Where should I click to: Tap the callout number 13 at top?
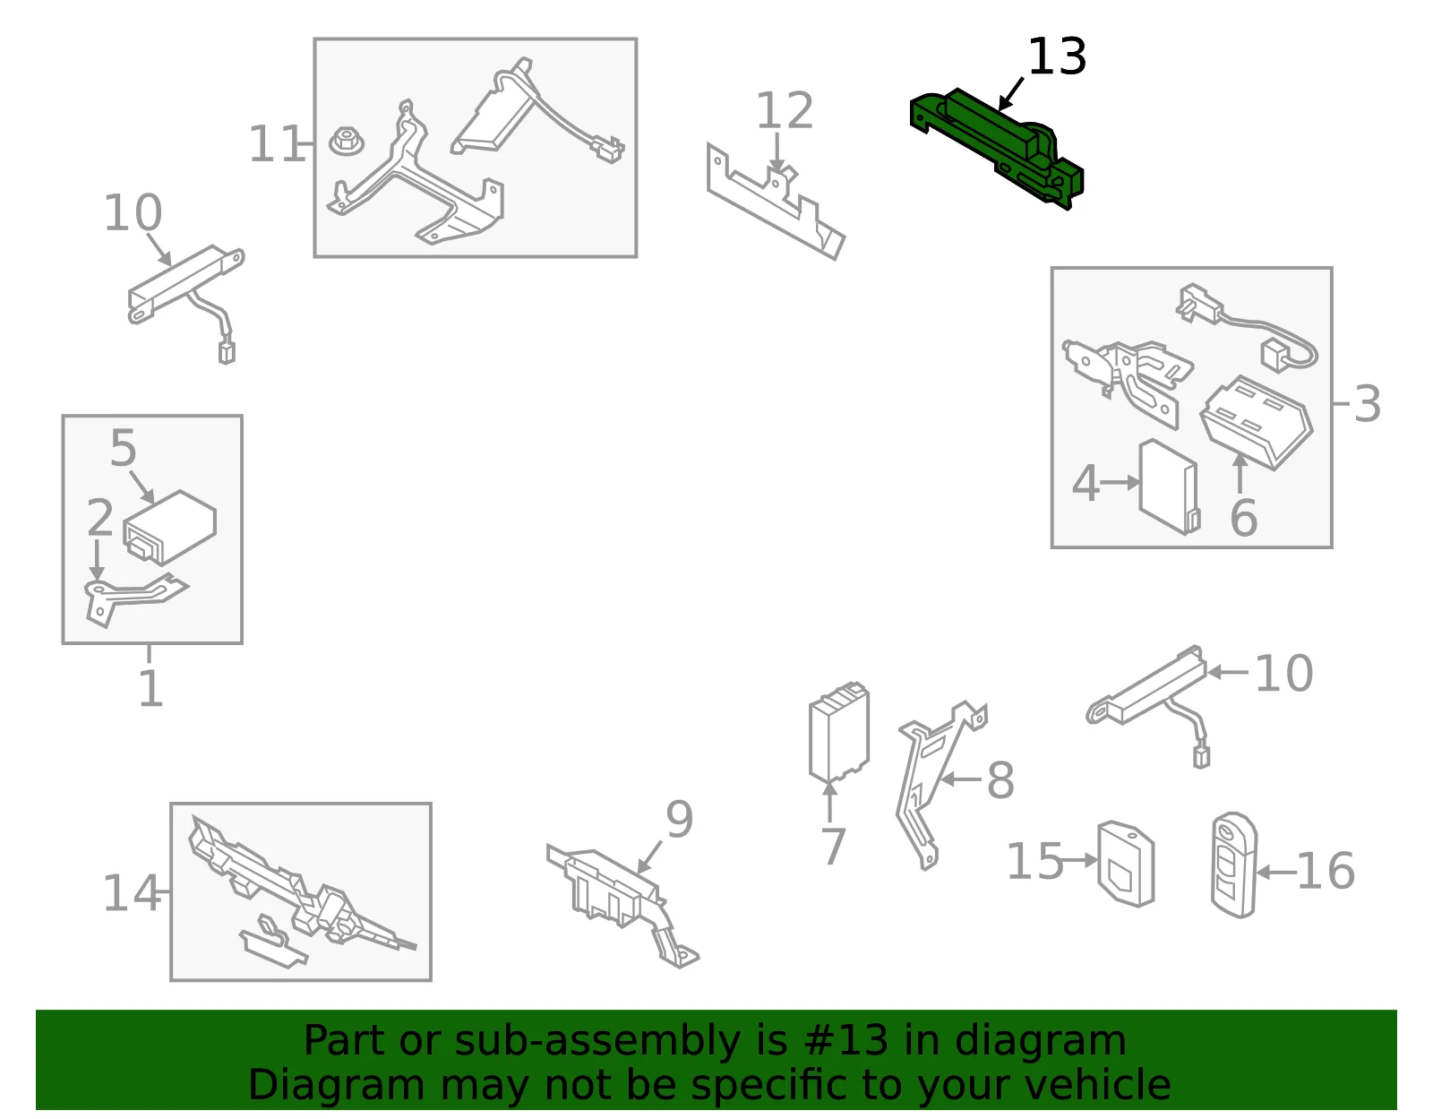(1057, 56)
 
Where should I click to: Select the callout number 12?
(784, 110)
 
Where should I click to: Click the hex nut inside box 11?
(347, 141)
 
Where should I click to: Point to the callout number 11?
(277, 144)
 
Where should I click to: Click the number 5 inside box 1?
(124, 448)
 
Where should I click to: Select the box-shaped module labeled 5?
(169, 527)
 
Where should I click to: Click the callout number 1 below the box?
(150, 688)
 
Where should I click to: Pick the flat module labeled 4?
(1169, 486)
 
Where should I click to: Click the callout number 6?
(1244, 518)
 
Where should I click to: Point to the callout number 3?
(1367, 403)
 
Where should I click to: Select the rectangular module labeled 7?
(839, 732)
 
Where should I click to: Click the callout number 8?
(1000, 780)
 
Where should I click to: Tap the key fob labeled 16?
(1234, 865)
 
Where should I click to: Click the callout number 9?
(679, 819)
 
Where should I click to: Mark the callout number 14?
(132, 893)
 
